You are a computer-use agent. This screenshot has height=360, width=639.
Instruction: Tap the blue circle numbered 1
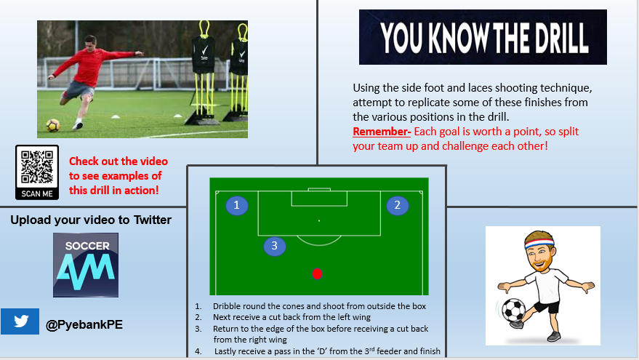coord(236,206)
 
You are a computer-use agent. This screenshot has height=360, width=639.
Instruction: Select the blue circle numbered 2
coord(397,206)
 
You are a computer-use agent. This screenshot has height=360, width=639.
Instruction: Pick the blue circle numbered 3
coord(274,246)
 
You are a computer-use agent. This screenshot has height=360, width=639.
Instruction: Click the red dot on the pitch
coord(317,273)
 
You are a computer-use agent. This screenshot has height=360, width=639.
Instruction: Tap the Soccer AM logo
coord(86,265)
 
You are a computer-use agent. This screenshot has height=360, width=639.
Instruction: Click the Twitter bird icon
coord(20,321)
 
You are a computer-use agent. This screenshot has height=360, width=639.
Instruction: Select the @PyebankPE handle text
coord(84,324)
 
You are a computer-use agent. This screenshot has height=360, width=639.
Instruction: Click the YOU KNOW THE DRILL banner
coord(483,37)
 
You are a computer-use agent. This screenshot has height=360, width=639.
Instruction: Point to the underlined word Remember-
coord(382,132)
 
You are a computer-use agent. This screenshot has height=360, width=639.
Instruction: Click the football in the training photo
coord(53,125)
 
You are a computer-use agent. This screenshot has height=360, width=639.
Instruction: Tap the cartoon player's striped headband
coord(538,243)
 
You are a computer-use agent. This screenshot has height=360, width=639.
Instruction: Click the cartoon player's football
coord(513,311)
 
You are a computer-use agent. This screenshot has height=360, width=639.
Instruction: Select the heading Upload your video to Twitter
coord(91,220)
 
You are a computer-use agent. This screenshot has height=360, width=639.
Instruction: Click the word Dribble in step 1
coord(227,306)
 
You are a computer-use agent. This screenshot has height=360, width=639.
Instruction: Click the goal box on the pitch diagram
coord(319,198)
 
